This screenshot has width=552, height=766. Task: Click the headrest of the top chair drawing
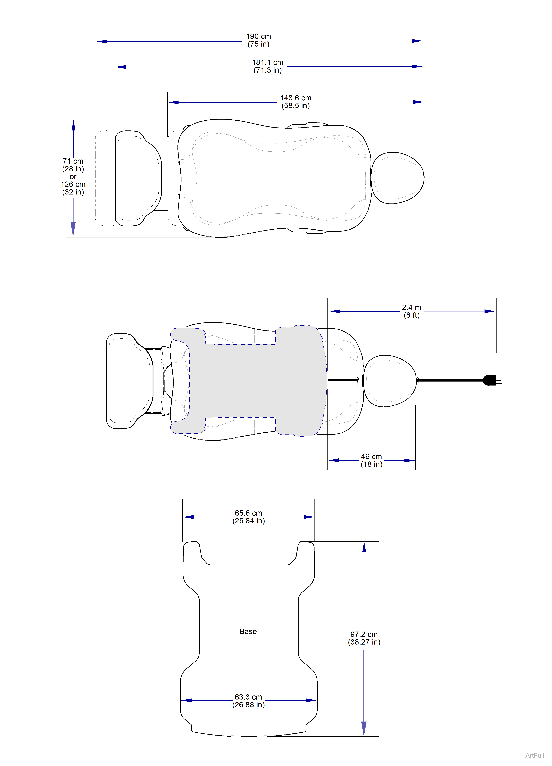click(397, 178)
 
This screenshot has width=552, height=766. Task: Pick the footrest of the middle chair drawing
click(130, 381)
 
